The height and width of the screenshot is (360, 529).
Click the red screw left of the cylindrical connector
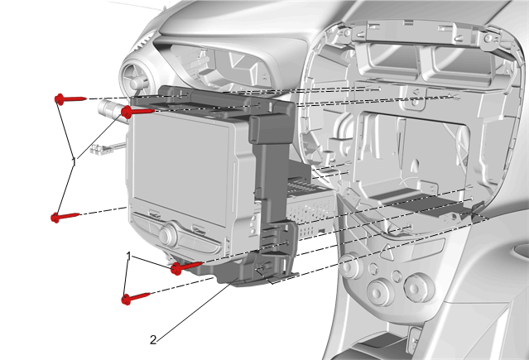[x=70, y=99]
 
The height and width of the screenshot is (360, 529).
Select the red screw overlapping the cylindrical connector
[x=137, y=112]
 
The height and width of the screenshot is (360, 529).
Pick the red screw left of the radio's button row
[x=65, y=217]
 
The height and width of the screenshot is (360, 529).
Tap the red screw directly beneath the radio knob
[x=186, y=266]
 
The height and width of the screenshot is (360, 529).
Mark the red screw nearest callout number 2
[x=135, y=298]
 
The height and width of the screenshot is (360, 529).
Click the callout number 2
[x=153, y=340]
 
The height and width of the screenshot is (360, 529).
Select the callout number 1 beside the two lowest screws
[x=128, y=257]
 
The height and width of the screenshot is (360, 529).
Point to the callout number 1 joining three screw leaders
[x=75, y=163]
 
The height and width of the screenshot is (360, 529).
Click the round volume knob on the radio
[x=168, y=234]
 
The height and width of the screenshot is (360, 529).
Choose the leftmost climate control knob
[x=350, y=266]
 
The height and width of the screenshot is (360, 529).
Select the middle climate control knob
[x=382, y=292]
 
